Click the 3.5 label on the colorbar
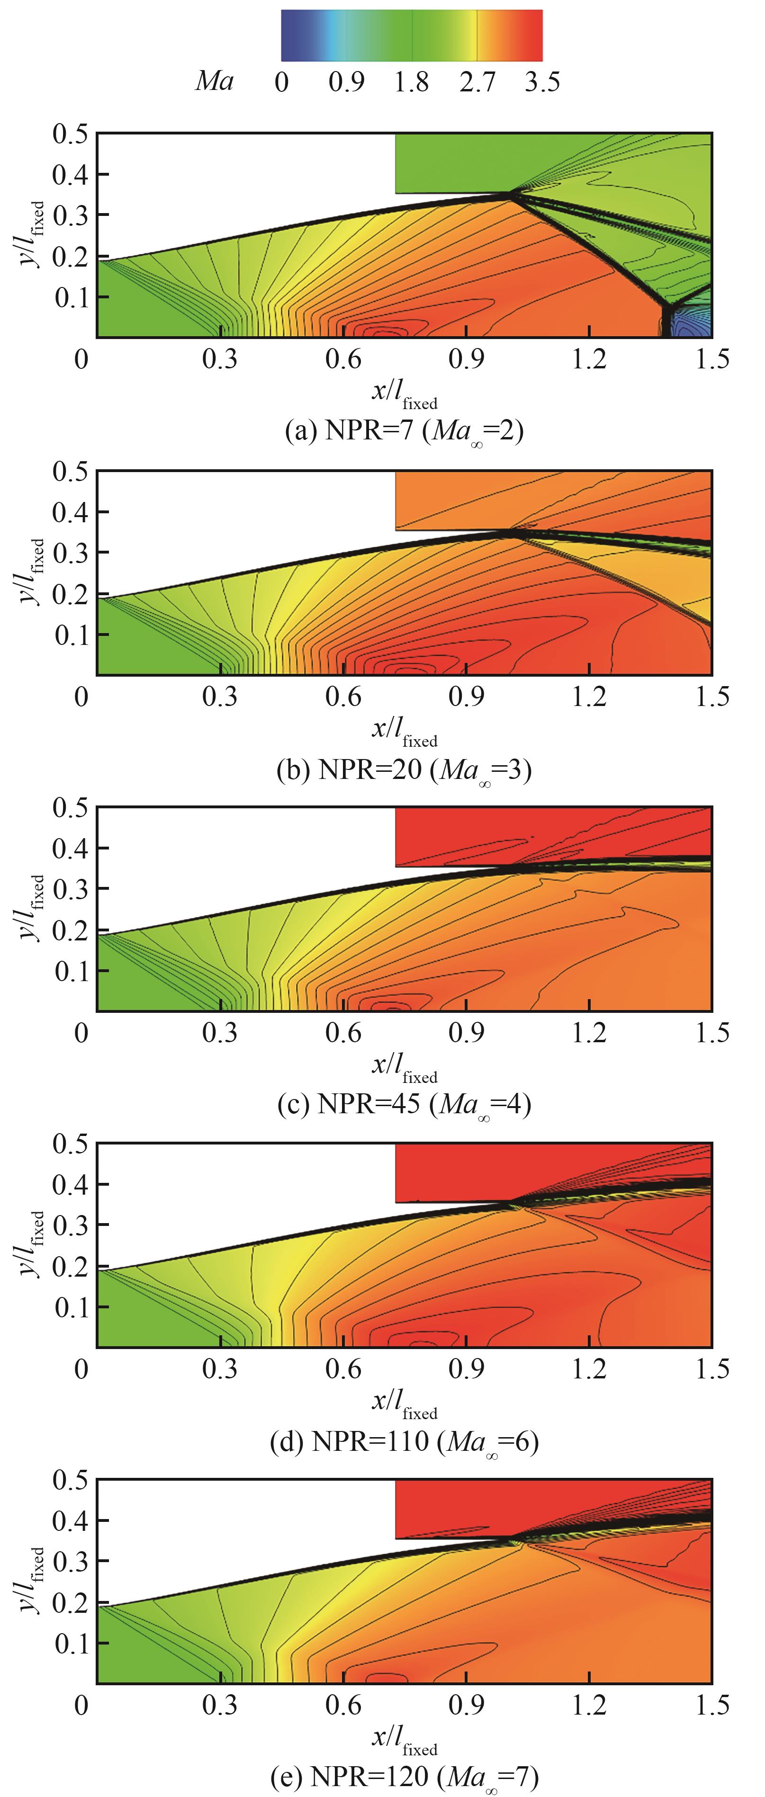542,82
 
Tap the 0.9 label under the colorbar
346,82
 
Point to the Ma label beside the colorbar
214,81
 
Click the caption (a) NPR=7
404,430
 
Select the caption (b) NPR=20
404,769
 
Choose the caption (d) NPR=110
404,1441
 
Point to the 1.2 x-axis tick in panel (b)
589,696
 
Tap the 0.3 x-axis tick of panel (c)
220,1032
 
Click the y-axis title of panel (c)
31,908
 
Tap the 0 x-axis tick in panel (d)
81,1368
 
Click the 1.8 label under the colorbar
411,82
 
